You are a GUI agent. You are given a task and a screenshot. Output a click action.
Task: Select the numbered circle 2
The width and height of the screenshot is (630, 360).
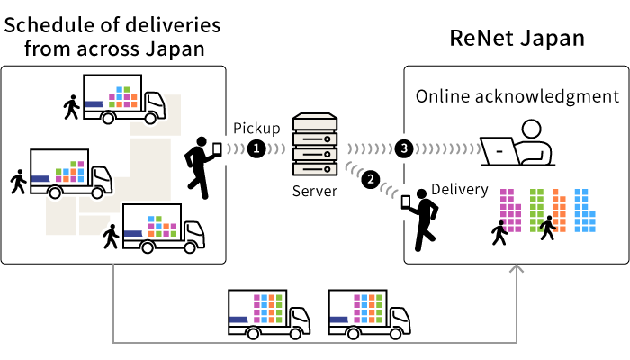point(370,179)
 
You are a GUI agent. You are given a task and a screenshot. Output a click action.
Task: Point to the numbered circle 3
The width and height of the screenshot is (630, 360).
point(404,149)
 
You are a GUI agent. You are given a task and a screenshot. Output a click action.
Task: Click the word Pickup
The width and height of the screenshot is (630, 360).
point(256,128)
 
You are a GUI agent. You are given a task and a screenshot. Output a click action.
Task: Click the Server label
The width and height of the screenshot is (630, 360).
point(315,191)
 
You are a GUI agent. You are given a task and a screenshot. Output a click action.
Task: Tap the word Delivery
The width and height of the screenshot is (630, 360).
point(460,190)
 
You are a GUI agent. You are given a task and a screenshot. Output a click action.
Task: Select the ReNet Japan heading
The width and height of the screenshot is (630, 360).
point(517,39)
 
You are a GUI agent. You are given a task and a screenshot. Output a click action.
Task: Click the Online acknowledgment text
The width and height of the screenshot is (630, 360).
point(517,96)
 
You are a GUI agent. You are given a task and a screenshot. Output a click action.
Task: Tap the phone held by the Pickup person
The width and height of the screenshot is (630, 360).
point(217,148)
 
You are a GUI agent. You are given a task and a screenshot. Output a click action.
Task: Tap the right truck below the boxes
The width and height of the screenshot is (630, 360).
point(369,311)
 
